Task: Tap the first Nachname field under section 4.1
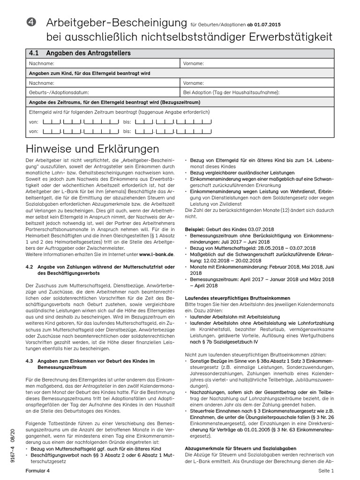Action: (103, 63)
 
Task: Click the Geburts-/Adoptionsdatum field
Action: (103, 92)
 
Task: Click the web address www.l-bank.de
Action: (157, 254)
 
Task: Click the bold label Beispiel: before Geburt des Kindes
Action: (197, 230)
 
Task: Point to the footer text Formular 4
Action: (37, 471)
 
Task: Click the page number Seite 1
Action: (326, 471)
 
